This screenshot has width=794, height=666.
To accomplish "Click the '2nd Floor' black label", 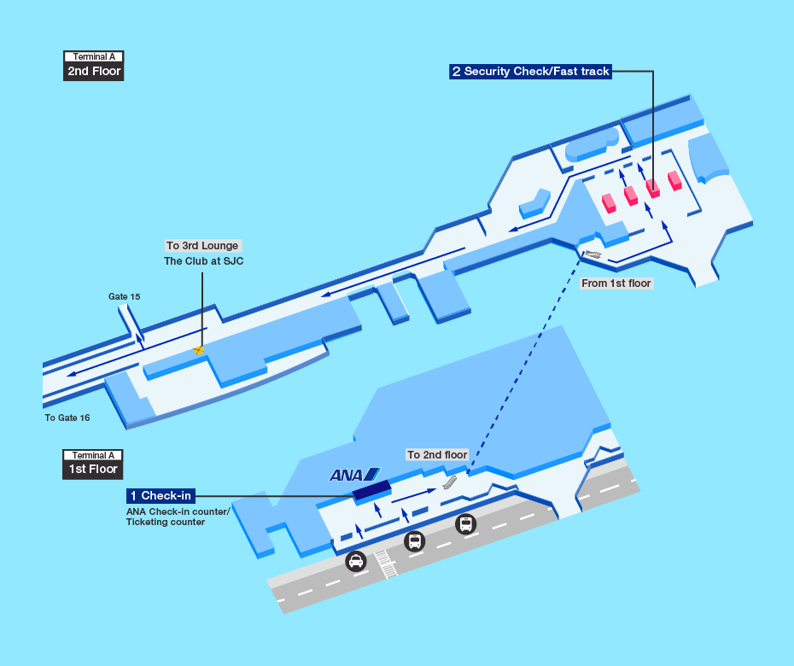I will click(94, 72).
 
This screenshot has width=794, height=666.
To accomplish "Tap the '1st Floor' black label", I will click(94, 469).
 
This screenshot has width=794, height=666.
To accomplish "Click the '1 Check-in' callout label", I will click(161, 496).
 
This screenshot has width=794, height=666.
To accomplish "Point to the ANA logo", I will click(354, 475).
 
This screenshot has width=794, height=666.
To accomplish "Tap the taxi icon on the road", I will click(356, 562).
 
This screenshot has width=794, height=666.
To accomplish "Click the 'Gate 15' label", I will click(124, 296).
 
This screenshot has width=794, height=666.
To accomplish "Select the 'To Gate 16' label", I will click(67, 418).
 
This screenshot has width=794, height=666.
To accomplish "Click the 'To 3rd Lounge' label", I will click(202, 246).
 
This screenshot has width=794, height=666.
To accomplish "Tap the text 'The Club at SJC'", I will click(203, 261).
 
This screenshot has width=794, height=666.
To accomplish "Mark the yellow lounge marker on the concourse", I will click(199, 349).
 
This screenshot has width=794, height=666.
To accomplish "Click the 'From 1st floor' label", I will click(616, 283).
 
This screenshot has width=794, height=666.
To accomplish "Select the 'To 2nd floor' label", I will click(437, 455).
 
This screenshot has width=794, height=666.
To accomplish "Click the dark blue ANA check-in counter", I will click(372, 490).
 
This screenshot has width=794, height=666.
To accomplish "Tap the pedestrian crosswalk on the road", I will click(387, 564).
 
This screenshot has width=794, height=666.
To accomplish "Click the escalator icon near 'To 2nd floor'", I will click(450, 482).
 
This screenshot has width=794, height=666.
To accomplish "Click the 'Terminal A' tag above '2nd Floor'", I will click(94, 57).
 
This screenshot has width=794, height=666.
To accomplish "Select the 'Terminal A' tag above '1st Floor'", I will click(94, 455).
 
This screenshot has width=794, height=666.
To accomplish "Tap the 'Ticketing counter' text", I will click(166, 522).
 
